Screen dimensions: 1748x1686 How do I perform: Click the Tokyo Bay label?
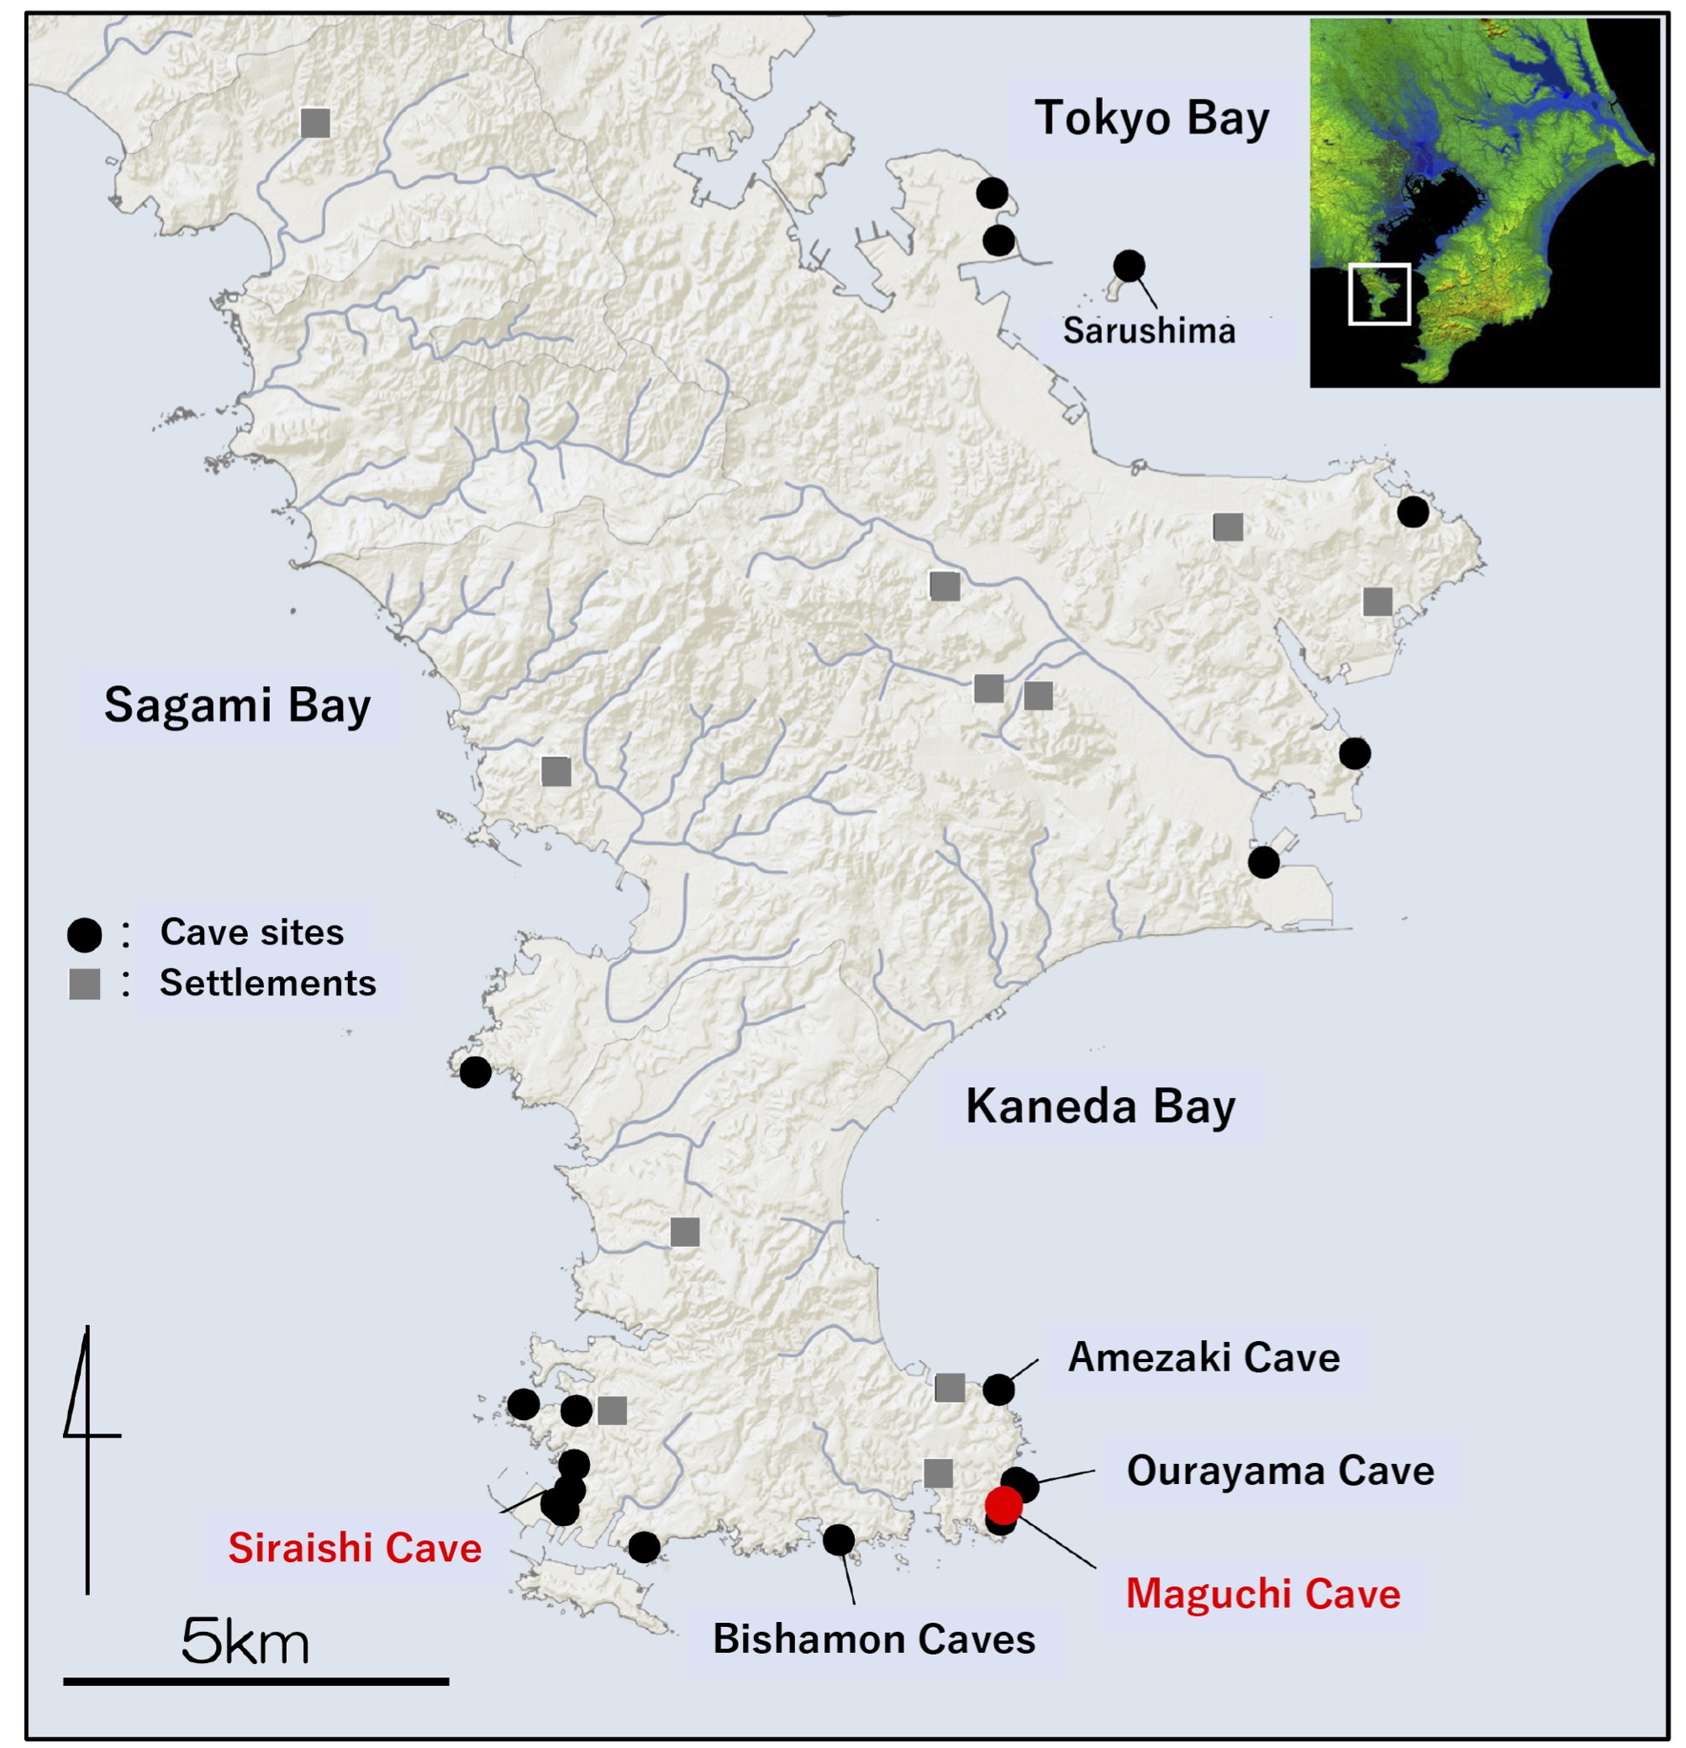click(1151, 118)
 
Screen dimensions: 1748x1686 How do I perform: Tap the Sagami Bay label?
click(237, 705)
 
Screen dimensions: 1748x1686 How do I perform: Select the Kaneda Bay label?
click(1100, 1106)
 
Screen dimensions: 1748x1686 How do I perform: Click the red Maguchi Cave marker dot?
click(1003, 1505)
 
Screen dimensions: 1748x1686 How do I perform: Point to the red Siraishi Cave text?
click(354, 1548)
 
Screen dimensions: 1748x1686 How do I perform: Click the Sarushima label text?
click(1148, 331)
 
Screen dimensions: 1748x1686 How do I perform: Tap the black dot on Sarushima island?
click(1129, 265)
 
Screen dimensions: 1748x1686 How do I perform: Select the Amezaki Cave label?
click(1204, 1357)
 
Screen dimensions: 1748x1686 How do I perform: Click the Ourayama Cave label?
click(1279, 1471)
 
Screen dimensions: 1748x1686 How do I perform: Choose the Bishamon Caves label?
click(874, 1640)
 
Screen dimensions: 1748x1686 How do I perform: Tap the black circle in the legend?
click(85, 934)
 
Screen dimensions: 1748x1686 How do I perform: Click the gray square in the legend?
click(85, 985)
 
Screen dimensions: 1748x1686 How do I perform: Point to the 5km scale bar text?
click(245, 1642)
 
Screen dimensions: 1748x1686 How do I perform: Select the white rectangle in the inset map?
click(1378, 294)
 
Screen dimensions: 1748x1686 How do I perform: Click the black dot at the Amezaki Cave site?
click(998, 1389)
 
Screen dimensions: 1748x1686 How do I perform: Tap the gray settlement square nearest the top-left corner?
click(314, 123)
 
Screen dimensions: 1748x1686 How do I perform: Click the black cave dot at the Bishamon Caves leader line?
click(838, 1539)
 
